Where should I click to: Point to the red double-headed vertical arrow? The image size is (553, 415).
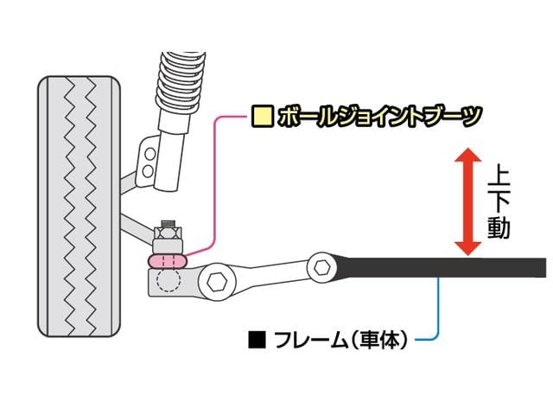(x=468, y=201)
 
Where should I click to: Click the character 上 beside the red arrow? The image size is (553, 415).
(x=499, y=177)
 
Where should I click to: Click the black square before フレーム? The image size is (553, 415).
(x=255, y=339)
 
